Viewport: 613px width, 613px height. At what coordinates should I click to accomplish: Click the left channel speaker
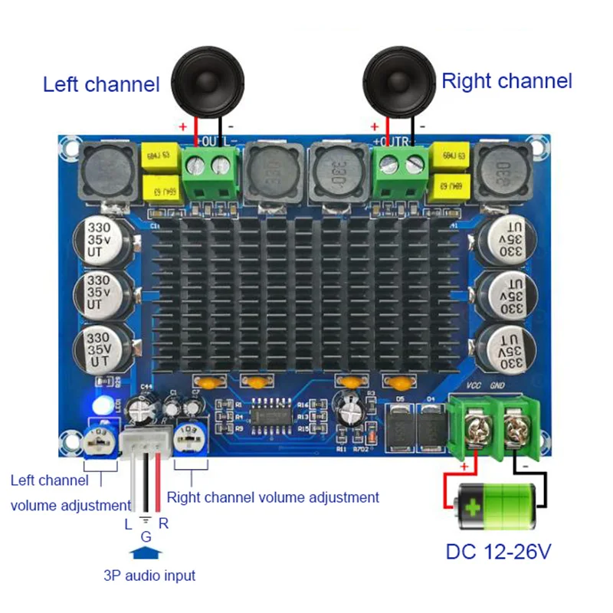(x=202, y=79)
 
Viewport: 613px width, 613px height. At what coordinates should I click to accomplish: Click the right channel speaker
(x=395, y=77)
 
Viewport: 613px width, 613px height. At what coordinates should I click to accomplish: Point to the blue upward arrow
(x=146, y=552)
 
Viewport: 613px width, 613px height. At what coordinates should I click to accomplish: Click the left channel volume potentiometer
(x=100, y=441)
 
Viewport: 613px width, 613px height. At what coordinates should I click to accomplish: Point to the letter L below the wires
(x=128, y=525)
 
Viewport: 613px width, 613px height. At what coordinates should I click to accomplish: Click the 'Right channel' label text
(x=507, y=80)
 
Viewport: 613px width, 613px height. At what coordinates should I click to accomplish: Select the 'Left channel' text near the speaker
(x=101, y=84)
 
